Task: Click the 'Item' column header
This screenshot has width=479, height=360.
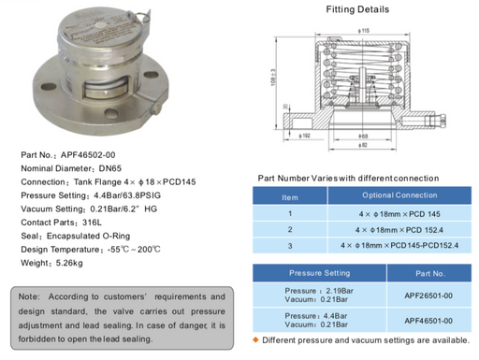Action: (290, 196)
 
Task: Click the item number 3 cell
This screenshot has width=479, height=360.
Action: (290, 245)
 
